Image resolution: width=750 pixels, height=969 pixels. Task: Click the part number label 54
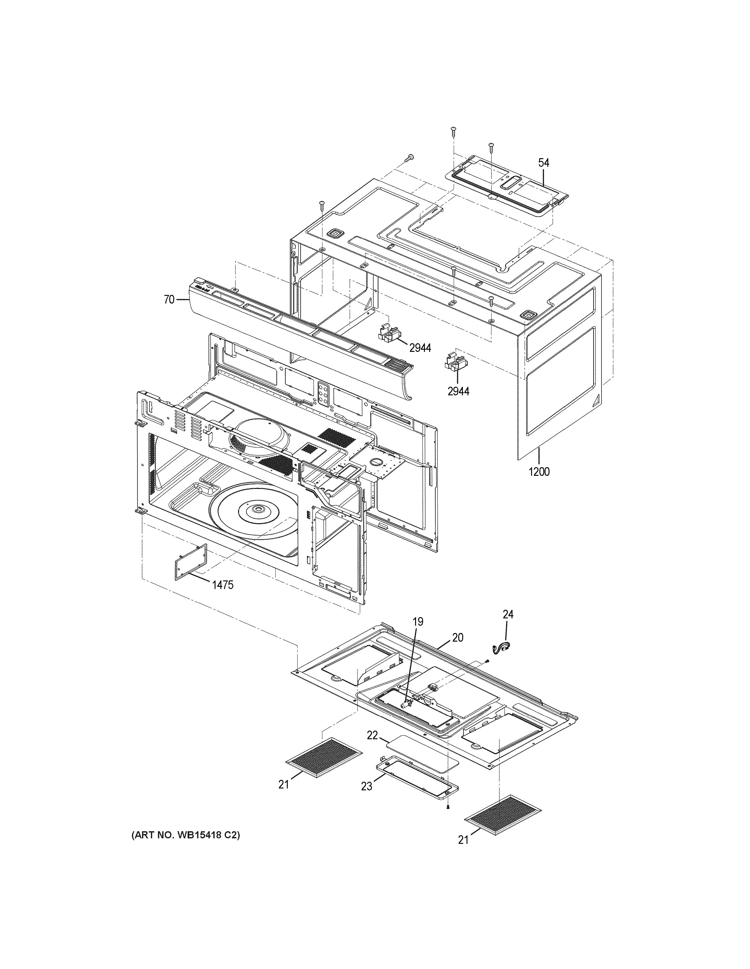[x=544, y=163]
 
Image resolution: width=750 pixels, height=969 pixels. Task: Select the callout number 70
[x=169, y=300]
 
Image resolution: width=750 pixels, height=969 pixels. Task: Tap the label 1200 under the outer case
[x=539, y=471]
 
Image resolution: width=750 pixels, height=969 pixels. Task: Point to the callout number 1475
[x=222, y=585]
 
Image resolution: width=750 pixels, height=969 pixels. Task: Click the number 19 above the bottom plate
[x=418, y=622]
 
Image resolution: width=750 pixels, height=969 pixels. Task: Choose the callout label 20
[x=458, y=638]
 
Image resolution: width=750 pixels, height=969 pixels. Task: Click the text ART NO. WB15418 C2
[x=185, y=835]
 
